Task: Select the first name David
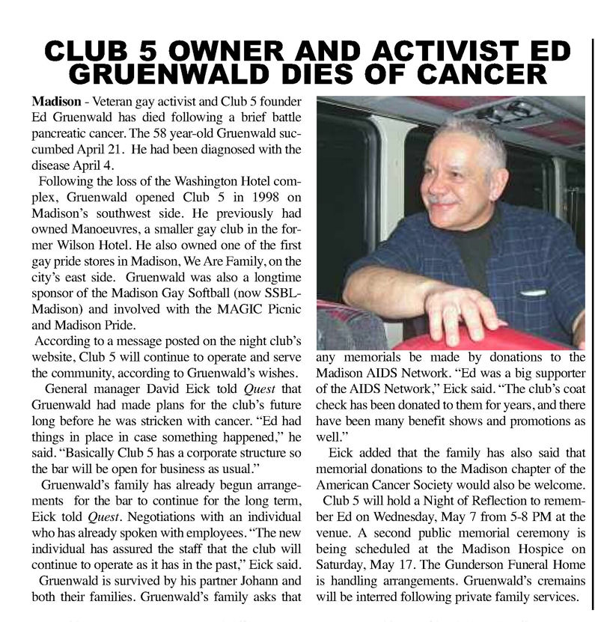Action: pos(168,389)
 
